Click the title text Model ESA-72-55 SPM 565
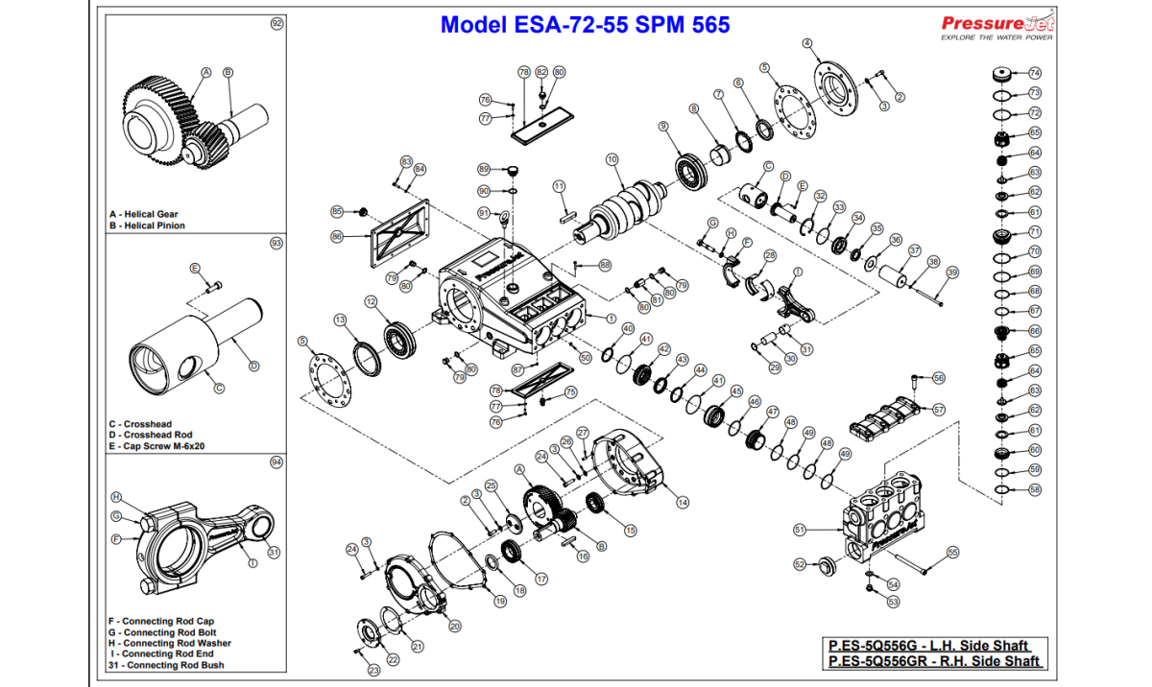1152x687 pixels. [585, 25]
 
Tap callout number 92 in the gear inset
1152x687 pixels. [277, 23]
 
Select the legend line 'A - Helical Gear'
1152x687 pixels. [144, 214]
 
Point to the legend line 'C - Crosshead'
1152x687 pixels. [140, 424]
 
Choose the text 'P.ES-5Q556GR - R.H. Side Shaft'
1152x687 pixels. [935, 661]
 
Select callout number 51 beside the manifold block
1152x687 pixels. [799, 529]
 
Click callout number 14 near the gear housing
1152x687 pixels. [683, 502]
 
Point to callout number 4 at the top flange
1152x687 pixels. [807, 43]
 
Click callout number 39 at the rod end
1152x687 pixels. [951, 272]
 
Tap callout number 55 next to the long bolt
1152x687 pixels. [952, 552]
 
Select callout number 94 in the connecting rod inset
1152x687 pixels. [276, 462]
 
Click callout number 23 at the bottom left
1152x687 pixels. [373, 670]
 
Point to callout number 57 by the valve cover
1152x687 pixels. [939, 410]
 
